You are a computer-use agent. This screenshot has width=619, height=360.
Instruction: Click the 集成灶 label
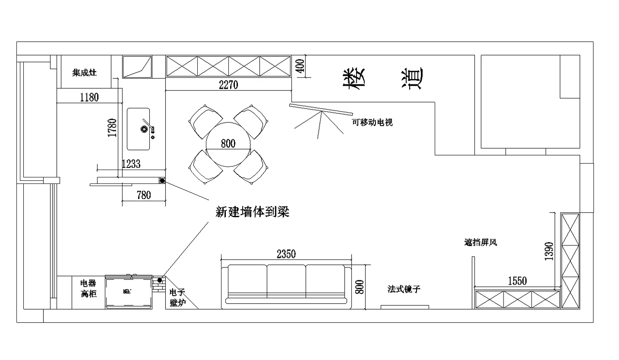(x=84, y=73)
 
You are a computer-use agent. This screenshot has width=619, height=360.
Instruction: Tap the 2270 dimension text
(x=228, y=85)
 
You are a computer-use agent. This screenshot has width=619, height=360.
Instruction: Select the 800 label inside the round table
(x=228, y=144)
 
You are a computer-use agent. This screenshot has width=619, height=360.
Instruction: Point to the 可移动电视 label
(x=372, y=122)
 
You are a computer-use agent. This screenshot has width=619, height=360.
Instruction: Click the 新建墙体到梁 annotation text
(x=252, y=212)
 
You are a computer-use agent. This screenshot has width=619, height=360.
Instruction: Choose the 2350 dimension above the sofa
(x=286, y=254)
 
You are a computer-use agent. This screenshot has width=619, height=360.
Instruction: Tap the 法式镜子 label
(x=404, y=289)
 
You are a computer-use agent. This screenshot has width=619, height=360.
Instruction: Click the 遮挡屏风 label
(x=481, y=243)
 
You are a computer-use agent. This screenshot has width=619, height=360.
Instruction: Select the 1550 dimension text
(x=517, y=281)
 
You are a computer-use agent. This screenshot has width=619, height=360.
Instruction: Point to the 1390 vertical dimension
(x=549, y=251)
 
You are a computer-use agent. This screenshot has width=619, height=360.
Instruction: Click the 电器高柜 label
(x=88, y=289)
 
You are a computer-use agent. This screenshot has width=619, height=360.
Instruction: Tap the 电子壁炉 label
(x=177, y=298)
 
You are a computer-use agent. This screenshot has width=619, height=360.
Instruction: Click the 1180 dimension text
(x=89, y=97)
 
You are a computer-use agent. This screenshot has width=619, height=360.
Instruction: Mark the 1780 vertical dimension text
(x=112, y=128)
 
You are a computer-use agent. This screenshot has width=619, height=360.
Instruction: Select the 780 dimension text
(x=144, y=195)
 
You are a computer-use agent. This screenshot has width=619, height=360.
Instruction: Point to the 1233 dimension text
(x=131, y=164)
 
